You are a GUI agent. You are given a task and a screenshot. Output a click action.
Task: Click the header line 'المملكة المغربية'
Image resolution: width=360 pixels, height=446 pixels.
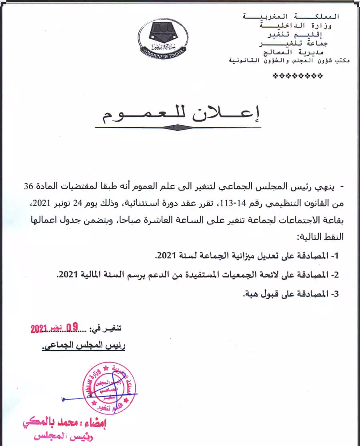point(291,16)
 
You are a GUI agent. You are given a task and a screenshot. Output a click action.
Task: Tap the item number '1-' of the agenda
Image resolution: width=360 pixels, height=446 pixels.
point(335,255)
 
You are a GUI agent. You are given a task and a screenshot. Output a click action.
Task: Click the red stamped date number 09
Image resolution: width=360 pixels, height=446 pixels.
point(72,328)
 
